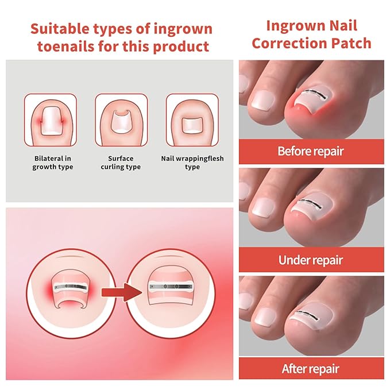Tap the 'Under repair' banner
click(310, 260)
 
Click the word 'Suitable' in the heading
click(58, 29)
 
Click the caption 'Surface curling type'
click(121, 163)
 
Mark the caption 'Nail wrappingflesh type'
click(192, 163)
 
